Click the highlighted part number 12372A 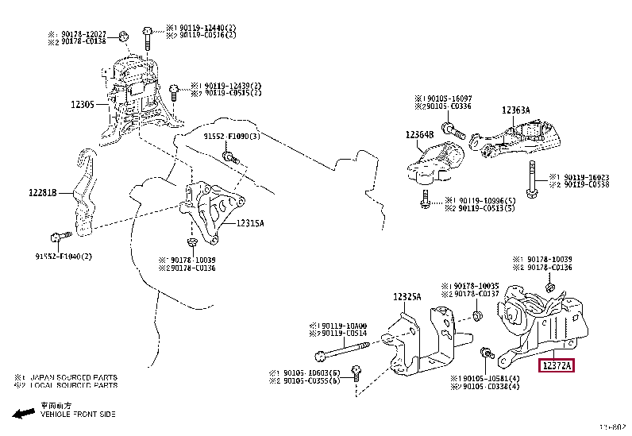pyautogui.click(x=557, y=366)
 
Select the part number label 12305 pyautogui.click(x=83, y=104)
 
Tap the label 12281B pyautogui.click(x=45, y=191)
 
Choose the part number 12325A pyautogui.click(x=407, y=297)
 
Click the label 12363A pyautogui.click(x=516, y=110)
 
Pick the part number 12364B pyautogui.click(x=422, y=135)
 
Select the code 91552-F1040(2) pyautogui.click(x=64, y=256)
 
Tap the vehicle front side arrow pyautogui.click(x=24, y=414)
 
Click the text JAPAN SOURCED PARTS pyautogui.click(x=75, y=378)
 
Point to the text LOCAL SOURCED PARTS pyautogui.click(x=75, y=386)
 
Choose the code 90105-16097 pyautogui.click(x=446, y=98)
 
